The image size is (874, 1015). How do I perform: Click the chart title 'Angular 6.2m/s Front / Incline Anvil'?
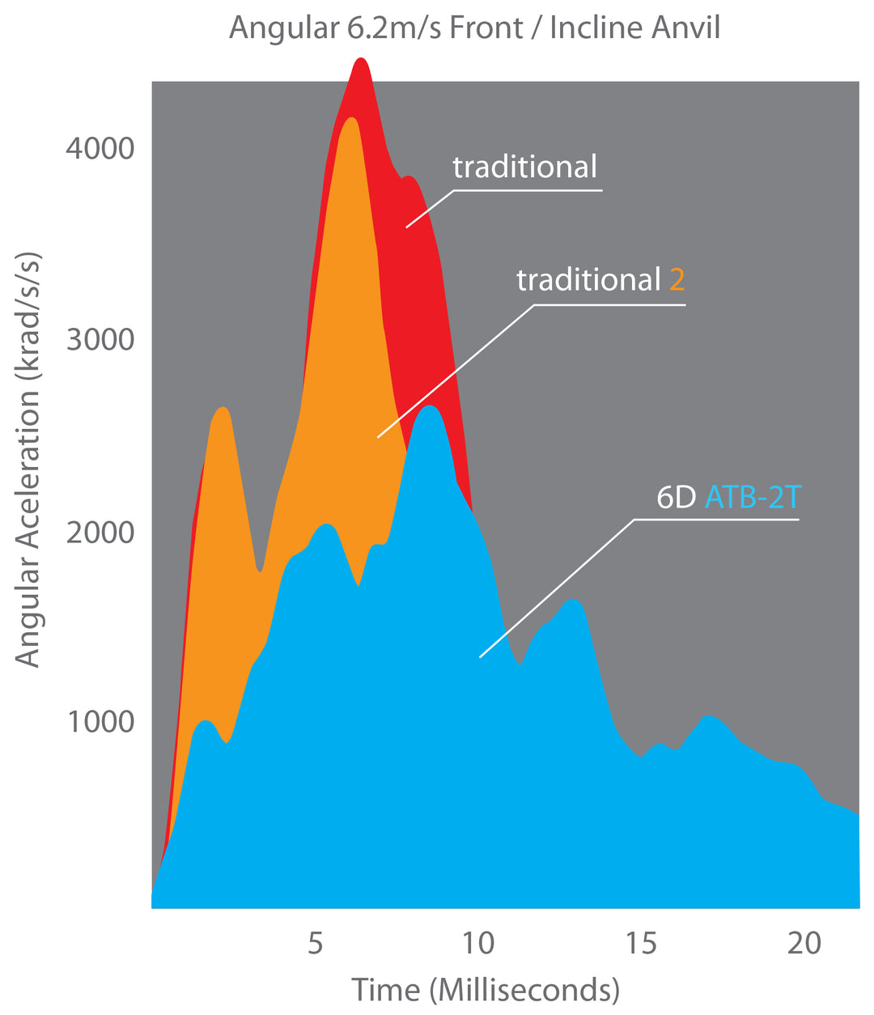pyautogui.click(x=474, y=28)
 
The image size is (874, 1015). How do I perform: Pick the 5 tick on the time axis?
pyautogui.click(x=315, y=944)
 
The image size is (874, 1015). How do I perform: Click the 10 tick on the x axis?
pyautogui.click(x=478, y=944)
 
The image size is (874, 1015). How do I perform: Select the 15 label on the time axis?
pyautogui.click(x=642, y=944)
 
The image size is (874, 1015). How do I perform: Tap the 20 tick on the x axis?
pyautogui.click(x=804, y=944)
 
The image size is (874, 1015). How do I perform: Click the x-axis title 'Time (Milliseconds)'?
pyautogui.click(x=486, y=990)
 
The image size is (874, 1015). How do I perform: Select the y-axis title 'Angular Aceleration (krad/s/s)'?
pyautogui.click(x=28, y=460)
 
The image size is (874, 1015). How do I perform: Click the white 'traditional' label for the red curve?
pyautogui.click(x=524, y=168)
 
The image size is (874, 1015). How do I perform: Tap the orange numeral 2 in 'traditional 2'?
pyautogui.click(x=677, y=281)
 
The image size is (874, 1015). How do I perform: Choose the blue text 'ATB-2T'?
pyautogui.click(x=752, y=497)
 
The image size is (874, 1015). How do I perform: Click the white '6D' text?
pyautogui.click(x=676, y=497)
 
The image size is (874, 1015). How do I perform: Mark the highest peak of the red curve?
pyautogui.click(x=361, y=60)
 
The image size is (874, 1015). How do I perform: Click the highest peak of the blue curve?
pyautogui.click(x=430, y=406)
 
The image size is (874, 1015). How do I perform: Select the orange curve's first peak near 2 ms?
pyautogui.click(x=223, y=409)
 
